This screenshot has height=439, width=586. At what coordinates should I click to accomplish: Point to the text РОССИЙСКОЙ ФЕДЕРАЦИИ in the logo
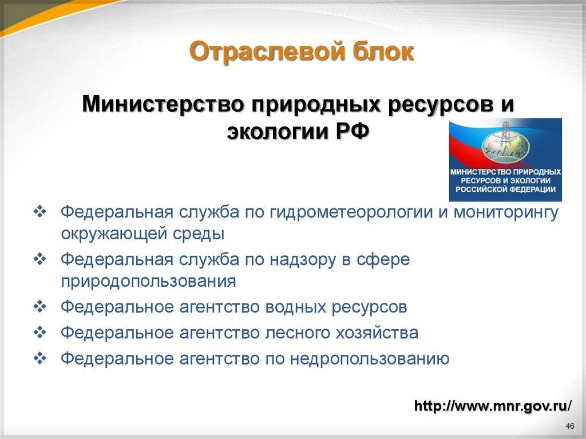click(505, 189)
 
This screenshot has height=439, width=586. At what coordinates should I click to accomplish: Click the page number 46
click(569, 426)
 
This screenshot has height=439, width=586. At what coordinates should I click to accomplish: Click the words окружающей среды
click(142, 235)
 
